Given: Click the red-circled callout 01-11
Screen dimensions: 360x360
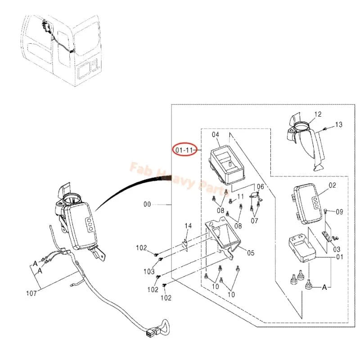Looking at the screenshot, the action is pos(184,150).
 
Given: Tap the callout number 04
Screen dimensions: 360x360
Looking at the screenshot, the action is pos(216,135).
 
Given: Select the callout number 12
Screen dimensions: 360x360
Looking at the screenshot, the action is pos(318,114).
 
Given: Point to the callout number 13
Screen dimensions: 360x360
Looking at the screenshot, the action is pos(339,125).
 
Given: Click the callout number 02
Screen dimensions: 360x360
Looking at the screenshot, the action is pos(332,185).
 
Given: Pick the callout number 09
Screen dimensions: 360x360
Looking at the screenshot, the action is pos(339,211).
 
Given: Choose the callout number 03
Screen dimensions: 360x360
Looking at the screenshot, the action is pos(337,249).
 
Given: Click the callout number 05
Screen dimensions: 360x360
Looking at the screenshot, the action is pos(251,253).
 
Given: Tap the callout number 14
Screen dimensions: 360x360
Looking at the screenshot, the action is pos(188,226).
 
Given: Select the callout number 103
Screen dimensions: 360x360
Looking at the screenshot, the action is pos(149,272).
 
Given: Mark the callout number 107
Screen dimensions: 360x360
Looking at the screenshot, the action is pos(31,293).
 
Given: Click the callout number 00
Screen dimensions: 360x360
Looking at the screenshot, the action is pos(147,204).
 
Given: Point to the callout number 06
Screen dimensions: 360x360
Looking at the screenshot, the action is pos(261,187).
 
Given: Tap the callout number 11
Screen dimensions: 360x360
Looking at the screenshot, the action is pos(240,197).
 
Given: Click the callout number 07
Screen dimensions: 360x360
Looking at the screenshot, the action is pos(254,221).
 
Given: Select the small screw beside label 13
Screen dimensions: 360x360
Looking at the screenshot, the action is pos(325,129).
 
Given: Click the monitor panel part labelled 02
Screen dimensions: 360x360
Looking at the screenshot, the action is pos(306,203).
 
